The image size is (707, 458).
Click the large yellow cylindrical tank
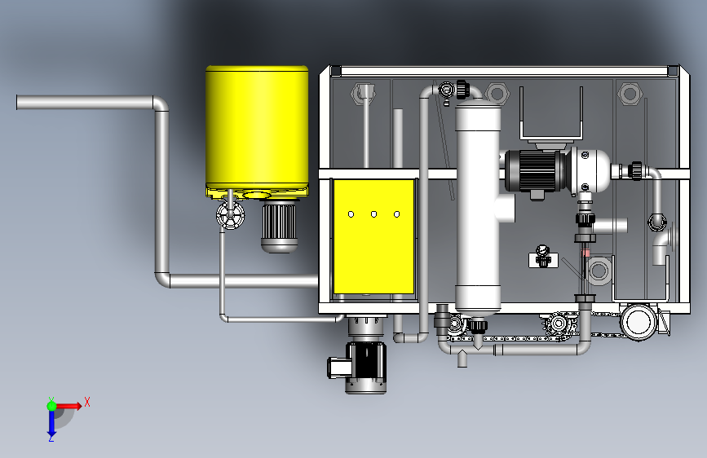tap(257, 129)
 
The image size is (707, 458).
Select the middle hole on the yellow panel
tap(373, 214)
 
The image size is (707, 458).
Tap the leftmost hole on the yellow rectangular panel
tap(351, 214)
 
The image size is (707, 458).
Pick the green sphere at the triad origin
tap(51, 406)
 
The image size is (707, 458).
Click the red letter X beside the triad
tap(87, 402)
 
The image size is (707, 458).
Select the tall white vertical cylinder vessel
tap(478, 207)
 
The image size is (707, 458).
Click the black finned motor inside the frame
tap(535, 171)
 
